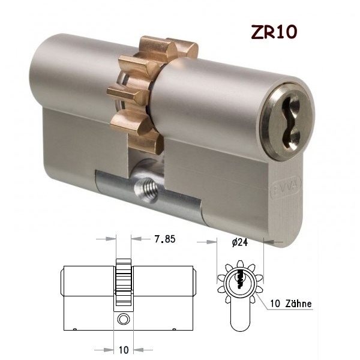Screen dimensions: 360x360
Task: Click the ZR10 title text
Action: [274, 32]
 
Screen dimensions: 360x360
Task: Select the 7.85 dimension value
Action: [165, 239]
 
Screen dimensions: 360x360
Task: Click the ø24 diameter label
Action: [239, 242]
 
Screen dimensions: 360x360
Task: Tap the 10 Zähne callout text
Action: [291, 304]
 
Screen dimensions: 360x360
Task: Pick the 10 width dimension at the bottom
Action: [124, 350]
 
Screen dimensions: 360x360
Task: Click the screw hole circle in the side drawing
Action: [124, 319]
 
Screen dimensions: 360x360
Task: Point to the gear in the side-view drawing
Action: [124, 282]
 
